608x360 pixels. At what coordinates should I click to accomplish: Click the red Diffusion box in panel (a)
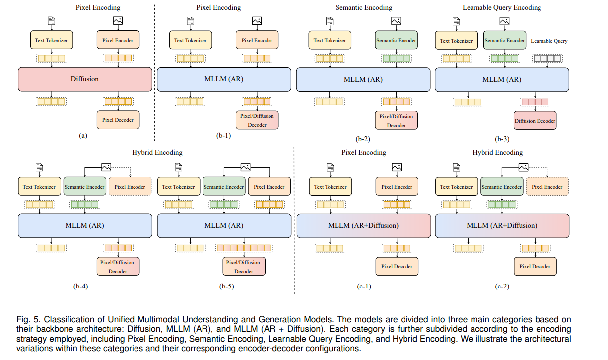(x=84, y=79)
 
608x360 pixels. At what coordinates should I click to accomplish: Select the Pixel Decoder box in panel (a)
(x=118, y=120)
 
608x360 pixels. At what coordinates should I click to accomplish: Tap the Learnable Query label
(x=549, y=41)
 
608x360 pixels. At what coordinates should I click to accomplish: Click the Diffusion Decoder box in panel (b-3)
(x=535, y=121)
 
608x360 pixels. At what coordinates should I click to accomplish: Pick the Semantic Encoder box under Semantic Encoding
(x=396, y=40)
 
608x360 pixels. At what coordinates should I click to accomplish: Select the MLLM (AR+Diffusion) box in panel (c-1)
(x=363, y=225)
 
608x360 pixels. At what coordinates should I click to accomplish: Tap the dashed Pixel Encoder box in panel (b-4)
(x=130, y=187)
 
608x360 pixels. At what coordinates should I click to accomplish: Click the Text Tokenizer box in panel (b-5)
(x=178, y=187)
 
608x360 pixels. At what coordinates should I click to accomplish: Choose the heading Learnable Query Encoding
(x=501, y=7)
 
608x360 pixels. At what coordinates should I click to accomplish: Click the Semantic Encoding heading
(x=363, y=7)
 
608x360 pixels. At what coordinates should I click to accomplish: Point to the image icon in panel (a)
(x=118, y=21)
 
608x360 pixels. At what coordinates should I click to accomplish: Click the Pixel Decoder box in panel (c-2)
(x=535, y=266)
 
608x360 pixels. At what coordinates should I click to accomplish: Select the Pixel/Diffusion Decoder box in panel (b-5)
(x=244, y=267)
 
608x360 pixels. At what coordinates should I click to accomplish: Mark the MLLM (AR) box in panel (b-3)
(x=501, y=79)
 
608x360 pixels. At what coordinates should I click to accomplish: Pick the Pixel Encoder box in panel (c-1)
(x=397, y=187)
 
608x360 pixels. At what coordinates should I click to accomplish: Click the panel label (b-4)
(x=80, y=286)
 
